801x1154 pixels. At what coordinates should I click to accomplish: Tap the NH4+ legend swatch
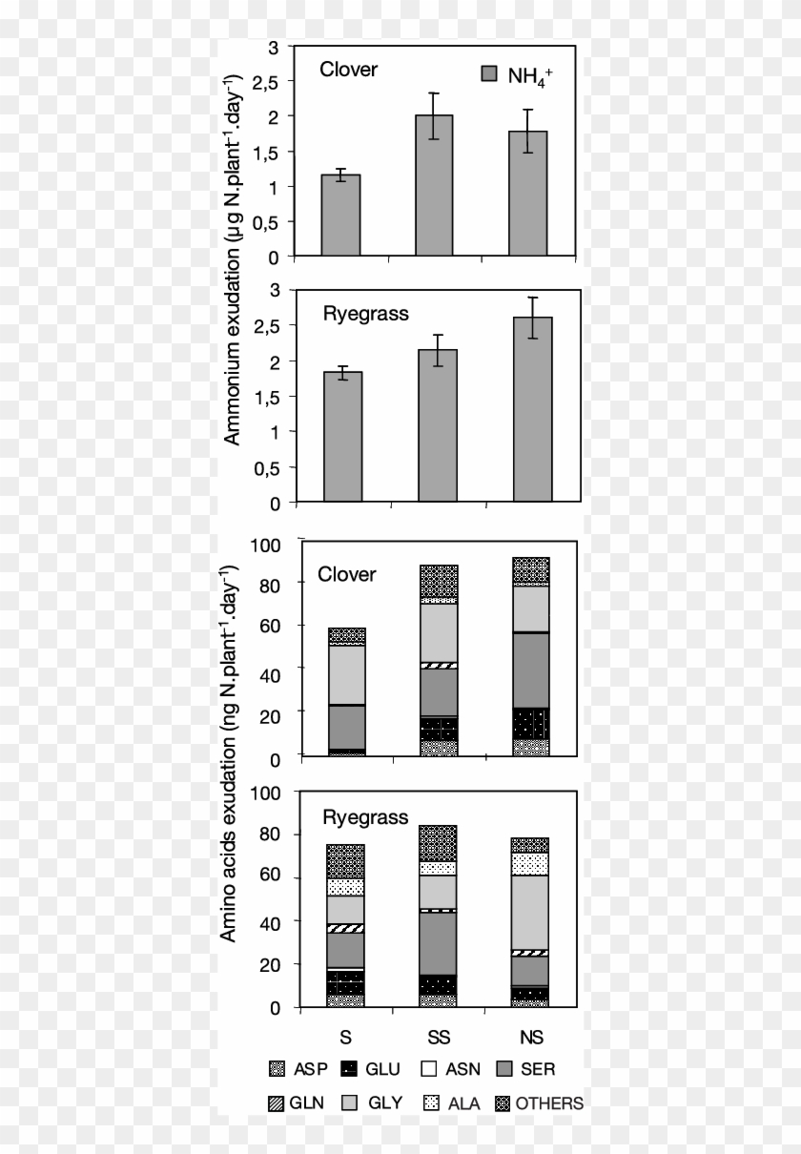pyautogui.click(x=489, y=74)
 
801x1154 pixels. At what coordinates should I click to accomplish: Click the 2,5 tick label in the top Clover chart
pyautogui.click(x=265, y=82)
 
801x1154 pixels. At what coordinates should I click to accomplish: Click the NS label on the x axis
pyautogui.click(x=531, y=1036)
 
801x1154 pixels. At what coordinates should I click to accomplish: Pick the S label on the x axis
pyautogui.click(x=346, y=1036)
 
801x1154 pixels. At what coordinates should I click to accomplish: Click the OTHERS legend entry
pyautogui.click(x=539, y=1103)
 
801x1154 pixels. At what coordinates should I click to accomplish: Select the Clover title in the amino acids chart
pyautogui.click(x=347, y=574)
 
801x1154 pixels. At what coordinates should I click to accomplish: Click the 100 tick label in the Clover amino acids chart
pyautogui.click(x=262, y=545)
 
